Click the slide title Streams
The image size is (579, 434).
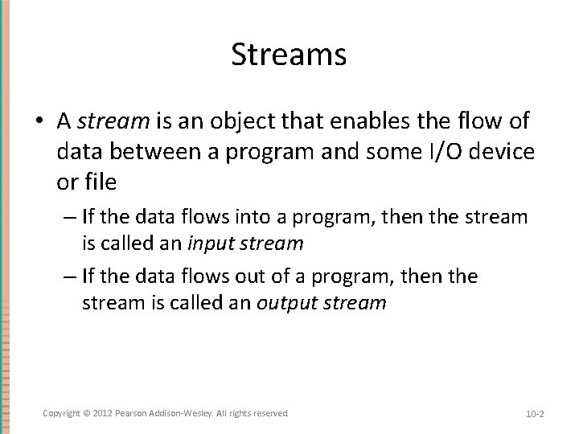289,55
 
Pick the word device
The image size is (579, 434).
502,152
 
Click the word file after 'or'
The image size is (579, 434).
98,182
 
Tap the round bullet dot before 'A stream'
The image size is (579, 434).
40,122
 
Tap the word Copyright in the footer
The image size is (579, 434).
61,412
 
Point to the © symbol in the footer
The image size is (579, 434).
87,412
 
